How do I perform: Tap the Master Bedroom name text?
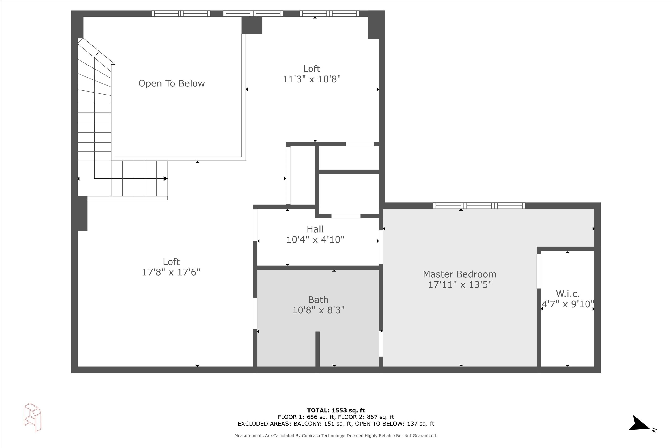[459, 274]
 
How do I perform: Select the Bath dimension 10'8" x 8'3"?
[318, 310]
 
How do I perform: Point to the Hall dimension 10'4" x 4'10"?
[315, 239]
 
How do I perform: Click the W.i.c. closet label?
[568, 293]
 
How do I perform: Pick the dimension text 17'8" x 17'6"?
[171, 272]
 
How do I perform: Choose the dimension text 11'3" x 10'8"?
[312, 79]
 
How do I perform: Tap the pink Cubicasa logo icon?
[32, 418]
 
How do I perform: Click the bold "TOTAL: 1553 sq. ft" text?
[336, 411]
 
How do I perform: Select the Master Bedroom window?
[479, 205]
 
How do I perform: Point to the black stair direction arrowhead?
[166, 179]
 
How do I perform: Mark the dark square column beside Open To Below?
[252, 26]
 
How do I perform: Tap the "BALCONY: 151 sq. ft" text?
[323, 424]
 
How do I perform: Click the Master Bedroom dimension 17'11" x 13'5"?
[460, 284]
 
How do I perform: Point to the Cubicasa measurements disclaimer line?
[336, 436]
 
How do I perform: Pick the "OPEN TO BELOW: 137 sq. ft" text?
[394, 424]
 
